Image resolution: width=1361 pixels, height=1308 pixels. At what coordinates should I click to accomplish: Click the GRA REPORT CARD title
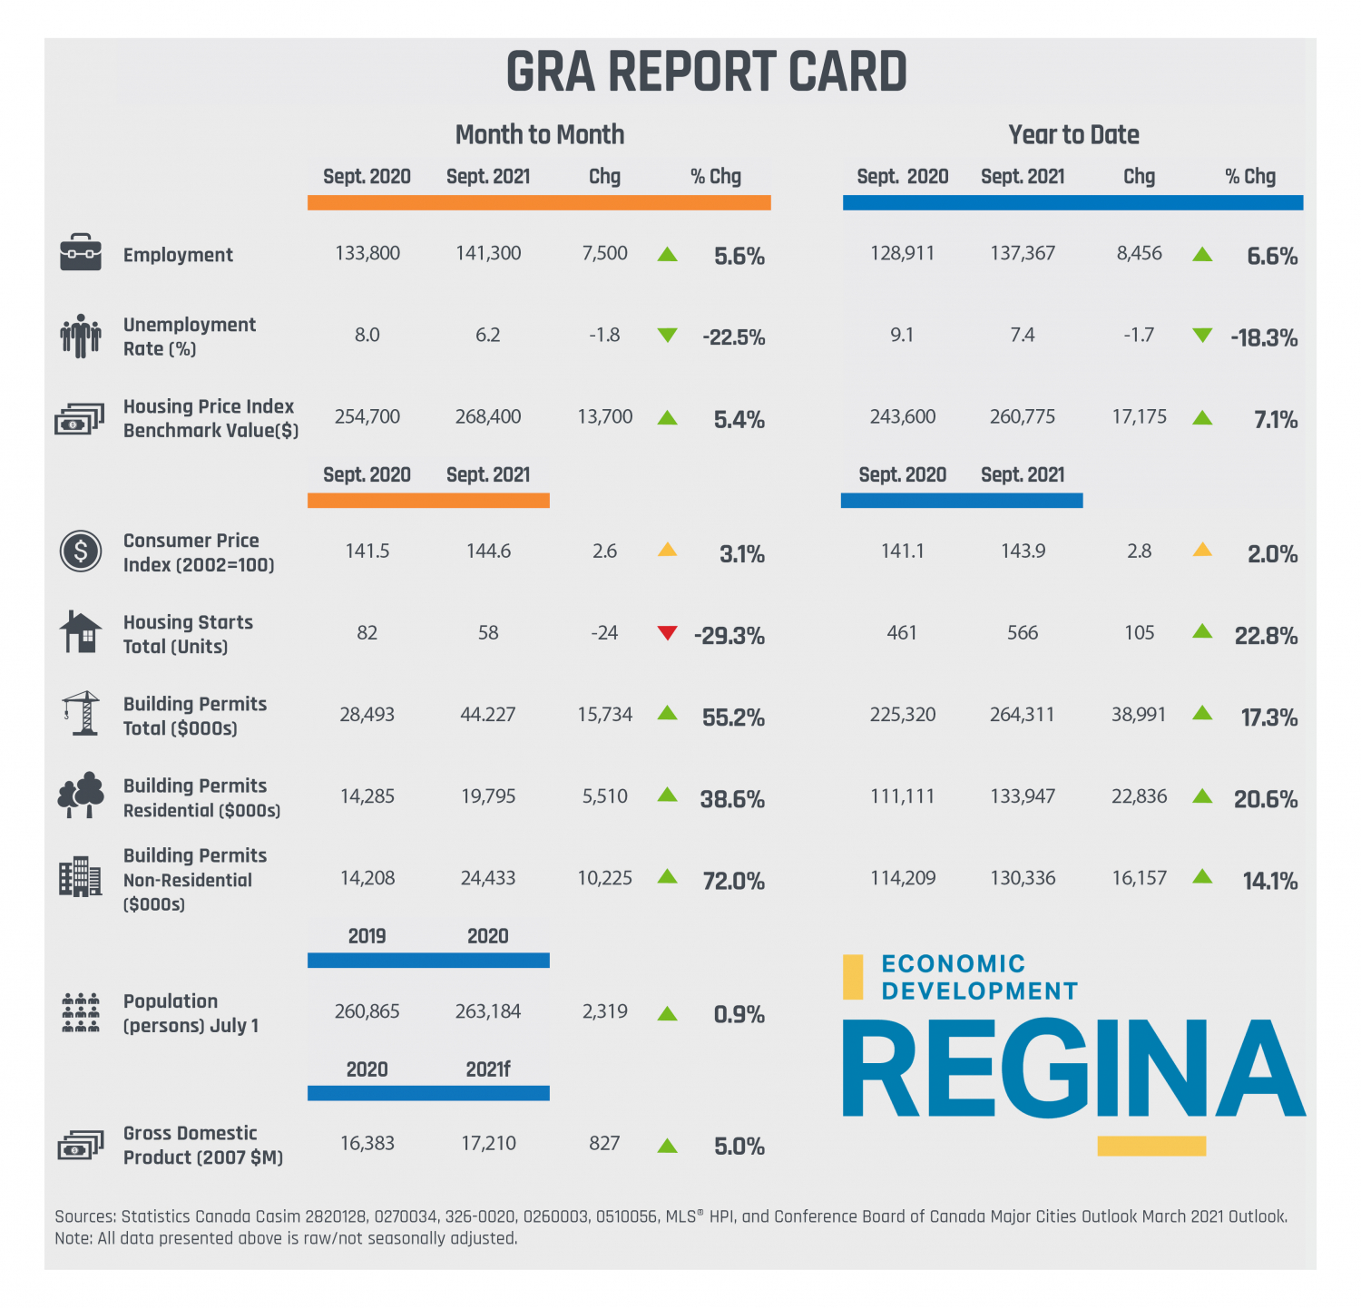[x=706, y=73]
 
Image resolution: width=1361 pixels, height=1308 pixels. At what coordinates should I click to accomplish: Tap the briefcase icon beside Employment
[x=81, y=253]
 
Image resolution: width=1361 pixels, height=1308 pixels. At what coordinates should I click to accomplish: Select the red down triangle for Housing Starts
[x=667, y=633]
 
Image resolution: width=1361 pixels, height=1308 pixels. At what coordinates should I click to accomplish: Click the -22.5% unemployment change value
[x=733, y=337]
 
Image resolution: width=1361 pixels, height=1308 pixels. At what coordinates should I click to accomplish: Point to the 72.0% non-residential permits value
[x=733, y=881]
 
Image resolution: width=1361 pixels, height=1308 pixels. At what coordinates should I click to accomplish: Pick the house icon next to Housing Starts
[x=81, y=632]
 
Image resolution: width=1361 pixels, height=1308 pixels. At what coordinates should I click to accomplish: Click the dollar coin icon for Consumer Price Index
[x=81, y=551]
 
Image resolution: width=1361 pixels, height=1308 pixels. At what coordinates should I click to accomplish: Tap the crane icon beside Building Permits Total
[x=81, y=714]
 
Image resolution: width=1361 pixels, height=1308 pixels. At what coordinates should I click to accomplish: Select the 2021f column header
[x=487, y=1069]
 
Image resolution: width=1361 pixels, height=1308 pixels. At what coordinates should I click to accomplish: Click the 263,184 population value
[x=488, y=1011]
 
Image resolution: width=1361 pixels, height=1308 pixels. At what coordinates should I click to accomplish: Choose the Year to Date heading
[x=1073, y=135]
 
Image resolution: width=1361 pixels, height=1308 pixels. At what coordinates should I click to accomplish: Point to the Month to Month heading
[x=540, y=135]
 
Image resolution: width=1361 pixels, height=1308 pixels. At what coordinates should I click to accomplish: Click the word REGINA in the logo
[x=1073, y=1070]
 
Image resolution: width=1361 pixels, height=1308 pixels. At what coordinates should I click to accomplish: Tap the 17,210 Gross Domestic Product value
[x=488, y=1144]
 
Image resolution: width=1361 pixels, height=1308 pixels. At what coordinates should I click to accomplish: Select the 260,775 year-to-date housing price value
[x=1023, y=417]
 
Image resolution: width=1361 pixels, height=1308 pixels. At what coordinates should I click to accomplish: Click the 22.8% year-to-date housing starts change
[x=1266, y=636]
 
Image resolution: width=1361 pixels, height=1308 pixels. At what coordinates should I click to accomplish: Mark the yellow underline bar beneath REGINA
[x=1151, y=1147]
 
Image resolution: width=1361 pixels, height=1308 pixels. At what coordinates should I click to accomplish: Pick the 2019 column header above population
[x=367, y=936]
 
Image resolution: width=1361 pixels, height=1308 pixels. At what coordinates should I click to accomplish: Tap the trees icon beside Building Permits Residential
[x=81, y=796]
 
